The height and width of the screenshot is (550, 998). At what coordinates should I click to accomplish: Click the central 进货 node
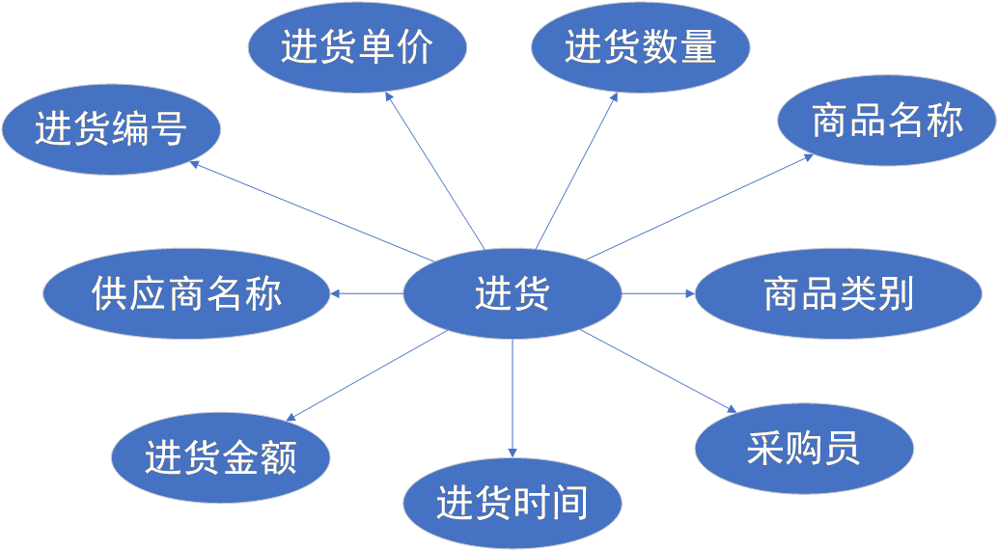coord(512,292)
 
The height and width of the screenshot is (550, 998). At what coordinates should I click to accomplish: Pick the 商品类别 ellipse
coord(838,293)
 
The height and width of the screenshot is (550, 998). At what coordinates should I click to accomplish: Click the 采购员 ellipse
coord(803,447)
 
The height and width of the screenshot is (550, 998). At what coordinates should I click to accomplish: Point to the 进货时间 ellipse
coord(512,503)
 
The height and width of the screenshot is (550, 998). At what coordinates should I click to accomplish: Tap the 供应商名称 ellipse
coord(187,292)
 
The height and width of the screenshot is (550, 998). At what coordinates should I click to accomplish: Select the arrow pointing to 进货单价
coord(433,170)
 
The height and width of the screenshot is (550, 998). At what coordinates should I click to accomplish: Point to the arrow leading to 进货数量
coord(577,169)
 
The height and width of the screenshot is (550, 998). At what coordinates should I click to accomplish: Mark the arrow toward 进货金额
coord(367,375)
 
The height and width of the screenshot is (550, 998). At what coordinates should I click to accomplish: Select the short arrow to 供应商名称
coord(366,292)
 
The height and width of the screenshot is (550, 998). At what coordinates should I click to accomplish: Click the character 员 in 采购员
coord(842,447)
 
